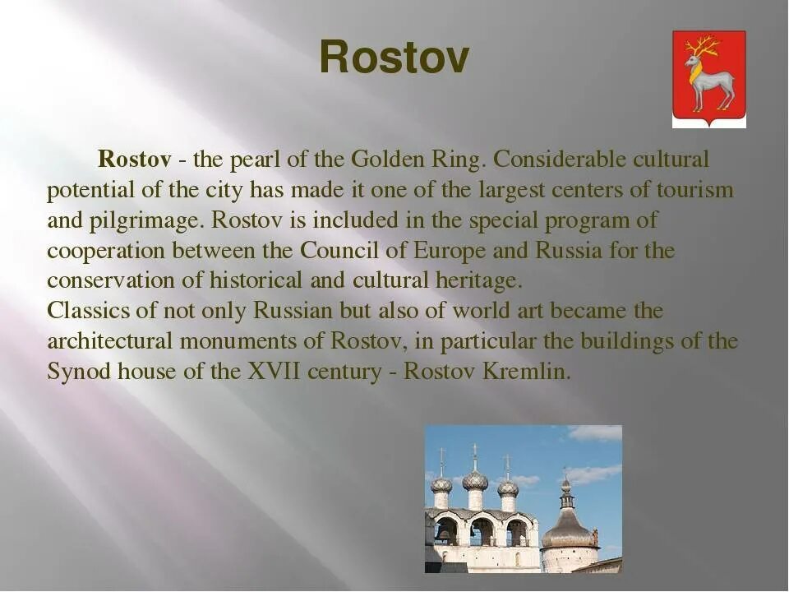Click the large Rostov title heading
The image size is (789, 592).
pyautogui.click(x=394, y=57)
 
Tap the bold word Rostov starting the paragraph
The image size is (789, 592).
pyautogui.click(x=134, y=159)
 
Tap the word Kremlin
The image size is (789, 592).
pyautogui.click(x=527, y=372)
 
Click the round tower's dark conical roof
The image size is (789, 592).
pyautogui.click(x=569, y=531)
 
